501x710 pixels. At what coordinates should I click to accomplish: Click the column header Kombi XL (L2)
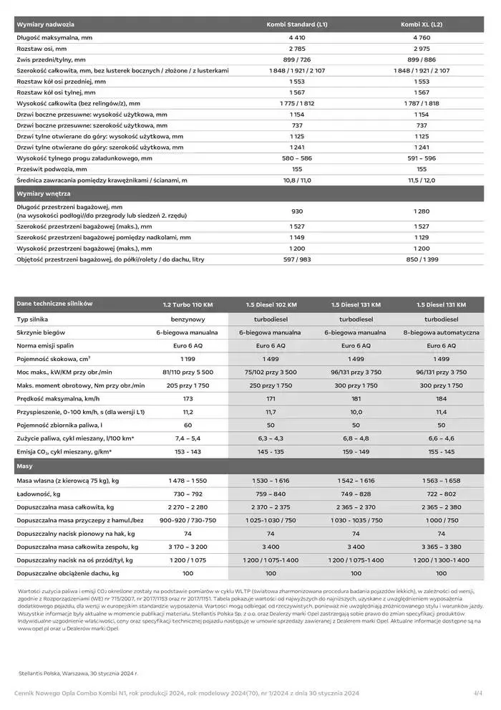[422, 24]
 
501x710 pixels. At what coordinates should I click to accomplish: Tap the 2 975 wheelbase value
[422, 48]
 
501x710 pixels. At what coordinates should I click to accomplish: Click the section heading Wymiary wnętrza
[44, 193]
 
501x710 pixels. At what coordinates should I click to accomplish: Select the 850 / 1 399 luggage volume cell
[422, 259]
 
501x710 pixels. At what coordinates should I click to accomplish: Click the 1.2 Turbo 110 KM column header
[188, 304]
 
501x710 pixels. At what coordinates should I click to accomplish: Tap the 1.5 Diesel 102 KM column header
[270, 304]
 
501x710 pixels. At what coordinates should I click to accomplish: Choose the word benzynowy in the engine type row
[188, 319]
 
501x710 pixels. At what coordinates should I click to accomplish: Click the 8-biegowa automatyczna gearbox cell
[441, 333]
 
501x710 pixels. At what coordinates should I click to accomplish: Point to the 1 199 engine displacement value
[188, 359]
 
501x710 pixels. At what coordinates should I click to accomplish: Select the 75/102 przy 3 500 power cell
[270, 373]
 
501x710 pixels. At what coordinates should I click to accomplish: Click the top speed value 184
[441, 398]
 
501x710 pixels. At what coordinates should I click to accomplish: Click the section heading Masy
[25, 466]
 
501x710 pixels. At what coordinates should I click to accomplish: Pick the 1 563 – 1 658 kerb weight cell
[441, 480]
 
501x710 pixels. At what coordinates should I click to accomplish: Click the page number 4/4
[478, 693]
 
